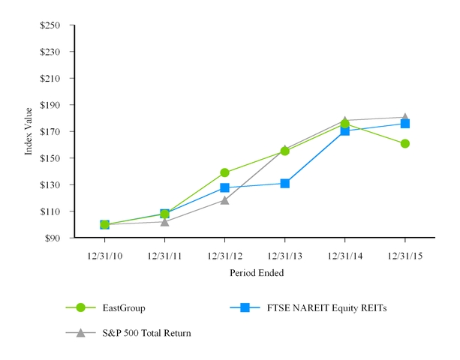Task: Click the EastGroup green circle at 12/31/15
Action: click(x=405, y=143)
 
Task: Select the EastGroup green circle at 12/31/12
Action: click(x=224, y=172)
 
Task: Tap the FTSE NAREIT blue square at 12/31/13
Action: click(x=285, y=183)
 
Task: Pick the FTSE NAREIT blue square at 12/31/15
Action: click(x=405, y=124)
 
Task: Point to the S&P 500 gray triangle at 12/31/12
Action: click(x=224, y=200)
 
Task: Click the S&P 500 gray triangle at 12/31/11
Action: click(x=164, y=221)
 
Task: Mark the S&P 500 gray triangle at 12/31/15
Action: click(x=405, y=117)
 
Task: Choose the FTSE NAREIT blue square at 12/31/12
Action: click(x=224, y=187)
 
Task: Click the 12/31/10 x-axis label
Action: click(x=104, y=256)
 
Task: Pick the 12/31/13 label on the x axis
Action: click(x=285, y=256)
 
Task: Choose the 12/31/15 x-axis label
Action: click(x=405, y=256)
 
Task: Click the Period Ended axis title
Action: click(x=257, y=273)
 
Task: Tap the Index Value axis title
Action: click(x=29, y=132)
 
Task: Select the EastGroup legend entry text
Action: click(x=123, y=307)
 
